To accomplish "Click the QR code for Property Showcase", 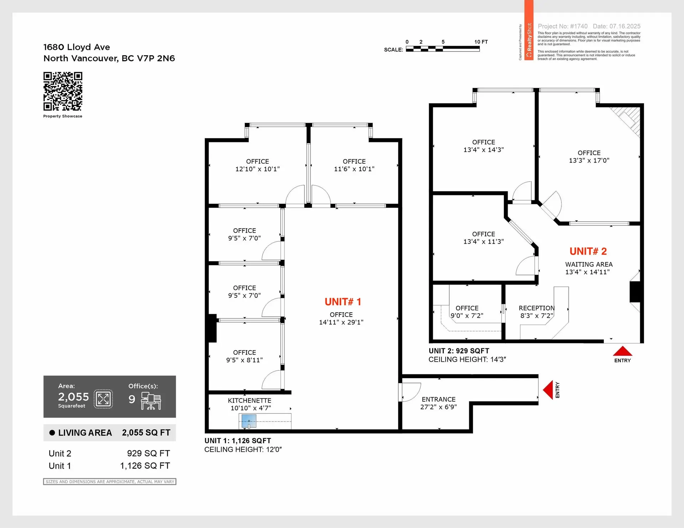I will point(63,91).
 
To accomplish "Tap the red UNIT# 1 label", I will point(343,302).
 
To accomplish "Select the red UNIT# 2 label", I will point(588,251).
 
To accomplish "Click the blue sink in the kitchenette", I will point(249,422).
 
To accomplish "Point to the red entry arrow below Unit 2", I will point(622,351).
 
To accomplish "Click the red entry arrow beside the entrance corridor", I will point(548,390).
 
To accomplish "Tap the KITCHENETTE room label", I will point(249,401).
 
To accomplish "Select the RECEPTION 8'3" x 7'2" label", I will point(537,312).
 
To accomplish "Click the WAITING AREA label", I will point(589,264).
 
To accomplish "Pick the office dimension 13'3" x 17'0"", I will point(589,160).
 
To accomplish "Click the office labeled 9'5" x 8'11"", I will point(244,356).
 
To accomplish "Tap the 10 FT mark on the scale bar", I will point(481,42).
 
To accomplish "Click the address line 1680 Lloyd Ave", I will point(77,47).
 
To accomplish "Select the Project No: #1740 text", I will point(563,26).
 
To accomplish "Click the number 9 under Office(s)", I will point(132,399).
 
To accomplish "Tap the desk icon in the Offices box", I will point(151,401).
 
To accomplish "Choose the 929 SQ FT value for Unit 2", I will point(148,453).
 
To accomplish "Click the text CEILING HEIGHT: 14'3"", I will point(467,359).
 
